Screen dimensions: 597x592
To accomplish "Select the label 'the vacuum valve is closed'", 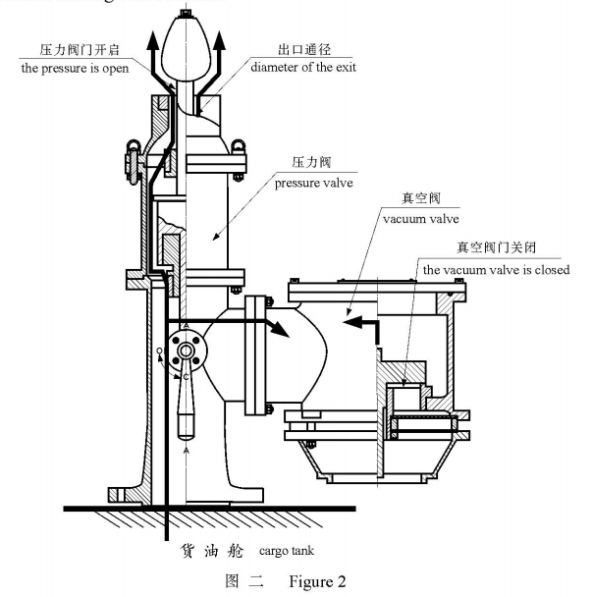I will (496, 269).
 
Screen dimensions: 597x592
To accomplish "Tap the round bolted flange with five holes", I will (184, 350).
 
